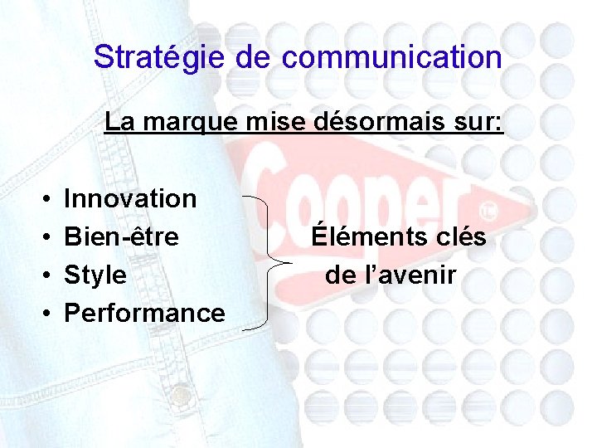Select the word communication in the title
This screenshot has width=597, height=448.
tap(391, 57)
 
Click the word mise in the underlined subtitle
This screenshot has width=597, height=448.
tap(265, 123)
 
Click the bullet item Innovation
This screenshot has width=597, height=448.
tap(130, 198)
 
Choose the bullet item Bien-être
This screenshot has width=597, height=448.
tap(121, 236)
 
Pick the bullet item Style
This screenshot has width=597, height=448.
tap(95, 275)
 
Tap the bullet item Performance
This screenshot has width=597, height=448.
tap(144, 313)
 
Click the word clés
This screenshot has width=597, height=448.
tap(462, 236)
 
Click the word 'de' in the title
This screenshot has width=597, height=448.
tap(253, 57)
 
